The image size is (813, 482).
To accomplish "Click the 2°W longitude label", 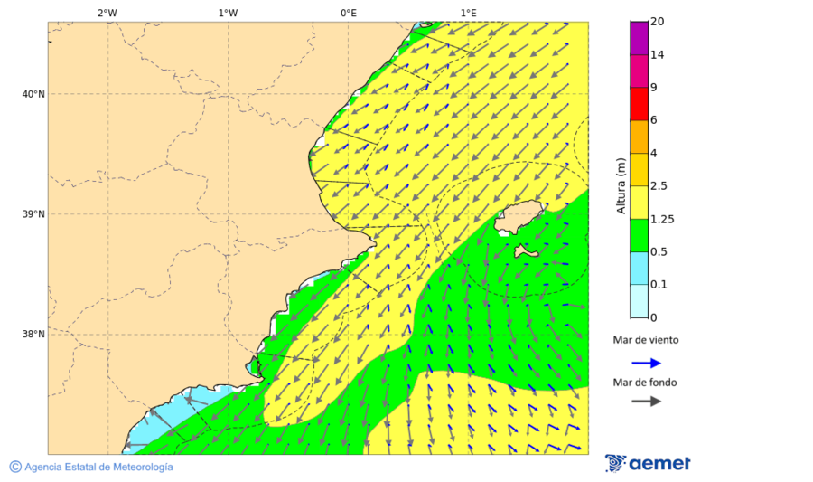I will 107,13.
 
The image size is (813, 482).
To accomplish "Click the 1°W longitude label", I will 228,13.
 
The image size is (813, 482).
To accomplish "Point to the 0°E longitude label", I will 348,13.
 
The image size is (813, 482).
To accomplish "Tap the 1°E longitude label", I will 468,13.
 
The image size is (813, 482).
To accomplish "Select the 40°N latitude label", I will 33,94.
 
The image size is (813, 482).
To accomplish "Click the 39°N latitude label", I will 33,214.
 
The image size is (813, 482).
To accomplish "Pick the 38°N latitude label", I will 33,335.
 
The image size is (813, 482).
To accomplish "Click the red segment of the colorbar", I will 639,104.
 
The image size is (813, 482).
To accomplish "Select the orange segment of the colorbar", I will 639,137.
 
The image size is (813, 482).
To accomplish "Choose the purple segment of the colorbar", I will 639,38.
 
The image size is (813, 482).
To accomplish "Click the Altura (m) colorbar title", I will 621,185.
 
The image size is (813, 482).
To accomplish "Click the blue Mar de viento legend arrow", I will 646,363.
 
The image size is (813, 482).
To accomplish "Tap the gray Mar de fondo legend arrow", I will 646,402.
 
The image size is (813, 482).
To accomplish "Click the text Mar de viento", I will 645,341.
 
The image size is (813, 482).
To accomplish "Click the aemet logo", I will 648,463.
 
